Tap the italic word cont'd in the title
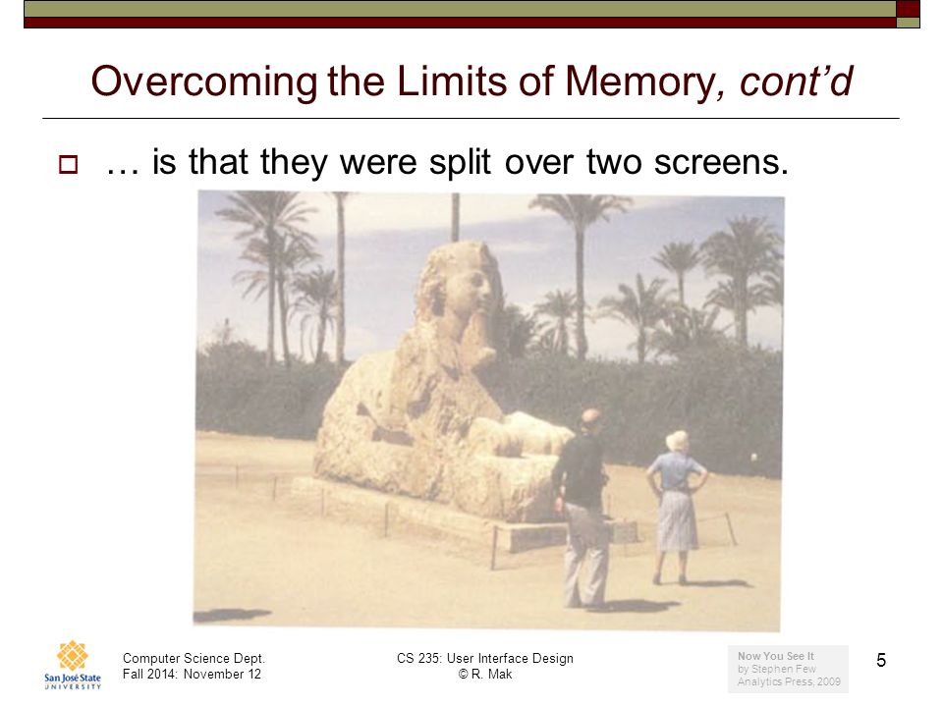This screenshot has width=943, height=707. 796,81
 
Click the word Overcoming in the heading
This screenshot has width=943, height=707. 204,82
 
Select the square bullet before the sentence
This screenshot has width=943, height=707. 68,164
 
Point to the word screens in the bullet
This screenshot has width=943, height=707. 721,162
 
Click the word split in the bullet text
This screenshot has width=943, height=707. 460,162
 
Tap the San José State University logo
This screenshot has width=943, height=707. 73,665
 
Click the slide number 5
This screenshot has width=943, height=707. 881,660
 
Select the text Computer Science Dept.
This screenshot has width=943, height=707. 194,658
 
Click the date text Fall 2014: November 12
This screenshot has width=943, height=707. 192,674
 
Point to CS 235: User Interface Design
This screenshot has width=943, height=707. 484,658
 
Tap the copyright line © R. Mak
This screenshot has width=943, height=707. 484,674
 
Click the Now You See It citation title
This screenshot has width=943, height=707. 775,656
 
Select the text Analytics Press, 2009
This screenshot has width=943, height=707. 789,681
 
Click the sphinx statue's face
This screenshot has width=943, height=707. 472,288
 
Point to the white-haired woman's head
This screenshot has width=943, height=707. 677,441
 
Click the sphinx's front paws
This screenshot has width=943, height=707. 524,433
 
